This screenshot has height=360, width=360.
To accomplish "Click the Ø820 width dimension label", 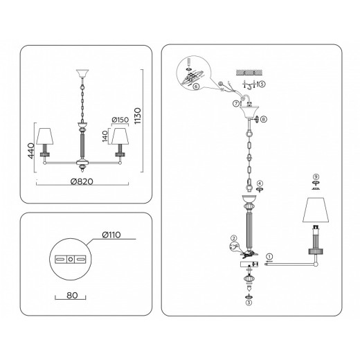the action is (82, 181).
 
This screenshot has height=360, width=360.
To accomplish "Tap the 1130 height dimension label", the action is (138, 116).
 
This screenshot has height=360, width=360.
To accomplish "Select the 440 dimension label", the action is (31, 151).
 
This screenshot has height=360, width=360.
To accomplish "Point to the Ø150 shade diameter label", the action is (120, 120).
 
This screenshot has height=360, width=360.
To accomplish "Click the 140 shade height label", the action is (105, 136).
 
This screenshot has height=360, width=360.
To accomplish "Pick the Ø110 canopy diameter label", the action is (111, 235).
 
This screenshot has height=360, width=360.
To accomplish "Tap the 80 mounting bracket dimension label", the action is (72, 295).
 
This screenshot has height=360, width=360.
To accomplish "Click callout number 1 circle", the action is (269, 257).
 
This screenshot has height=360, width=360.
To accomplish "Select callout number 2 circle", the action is (234, 238).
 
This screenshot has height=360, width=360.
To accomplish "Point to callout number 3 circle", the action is (249, 303).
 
